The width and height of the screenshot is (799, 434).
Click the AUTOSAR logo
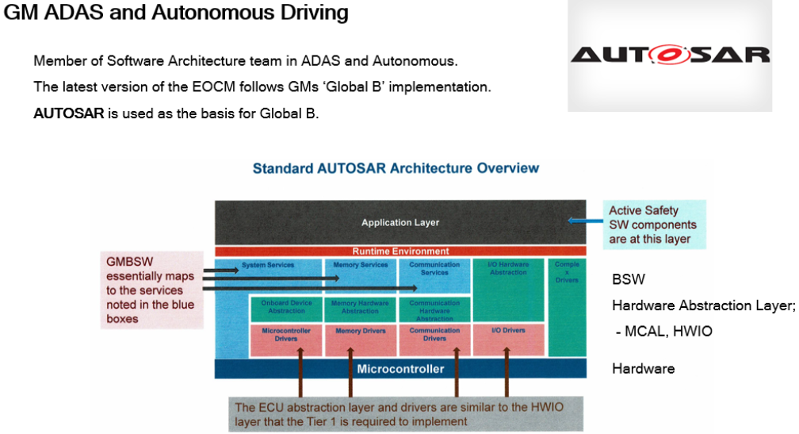[670, 55]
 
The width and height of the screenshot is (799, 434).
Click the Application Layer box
[399, 223]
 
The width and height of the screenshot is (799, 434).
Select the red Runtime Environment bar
[399, 252]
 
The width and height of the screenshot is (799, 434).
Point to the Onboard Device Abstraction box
[286, 307]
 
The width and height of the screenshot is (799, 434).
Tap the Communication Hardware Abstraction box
[434, 309]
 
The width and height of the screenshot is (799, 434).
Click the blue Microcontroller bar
[399, 369]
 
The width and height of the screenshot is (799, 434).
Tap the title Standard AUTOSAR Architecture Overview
[396, 168]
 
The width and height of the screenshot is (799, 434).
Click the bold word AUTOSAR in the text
[69, 113]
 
